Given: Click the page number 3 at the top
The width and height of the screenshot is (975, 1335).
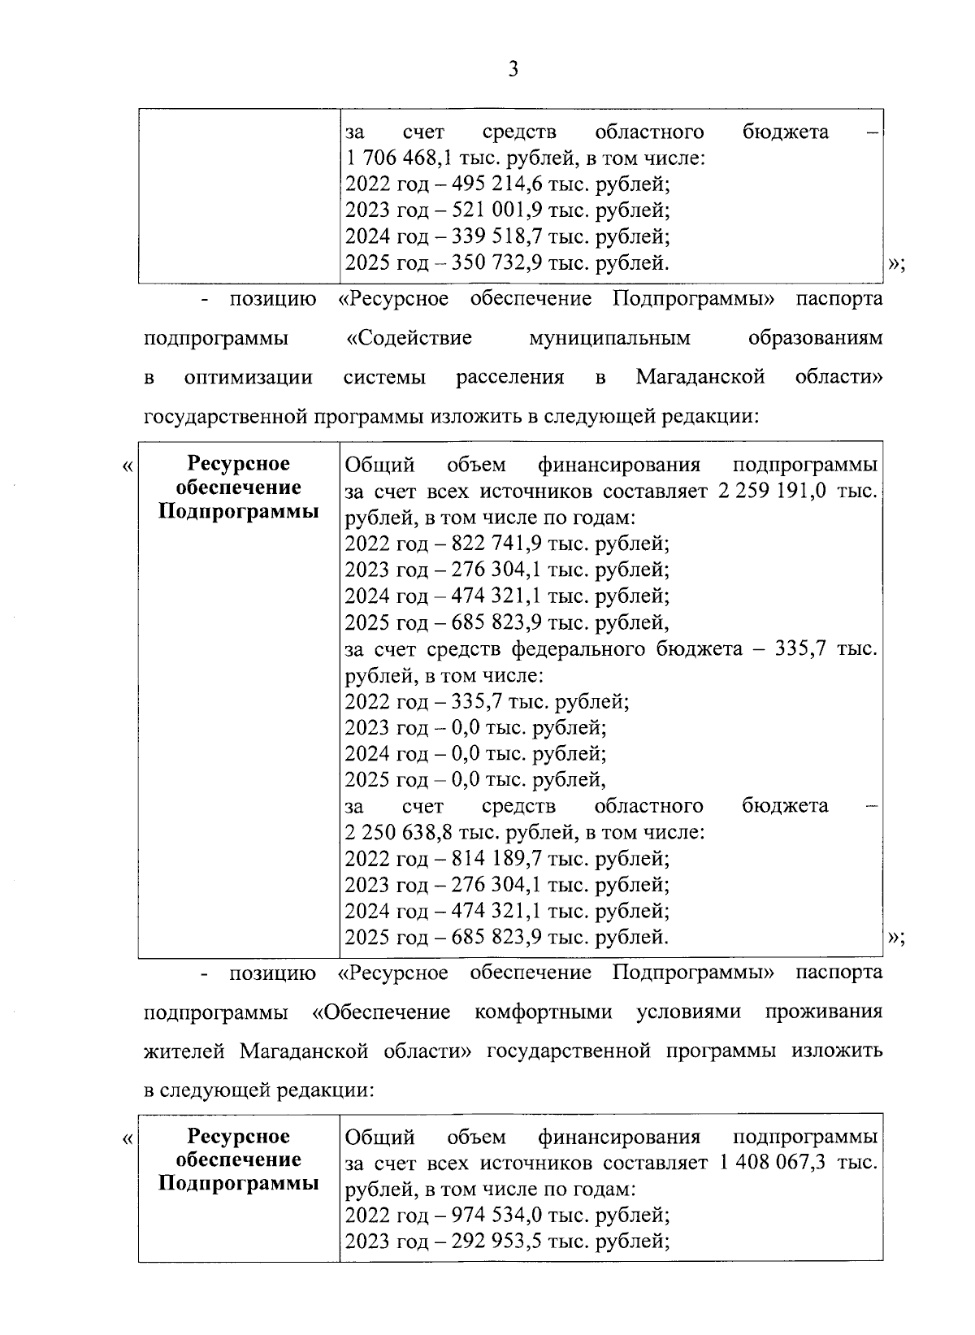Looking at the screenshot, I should coord(512,70).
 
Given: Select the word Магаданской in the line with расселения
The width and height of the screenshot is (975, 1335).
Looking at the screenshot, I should coord(700,378).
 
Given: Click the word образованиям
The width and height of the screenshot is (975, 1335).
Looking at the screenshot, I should coord(814,338).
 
